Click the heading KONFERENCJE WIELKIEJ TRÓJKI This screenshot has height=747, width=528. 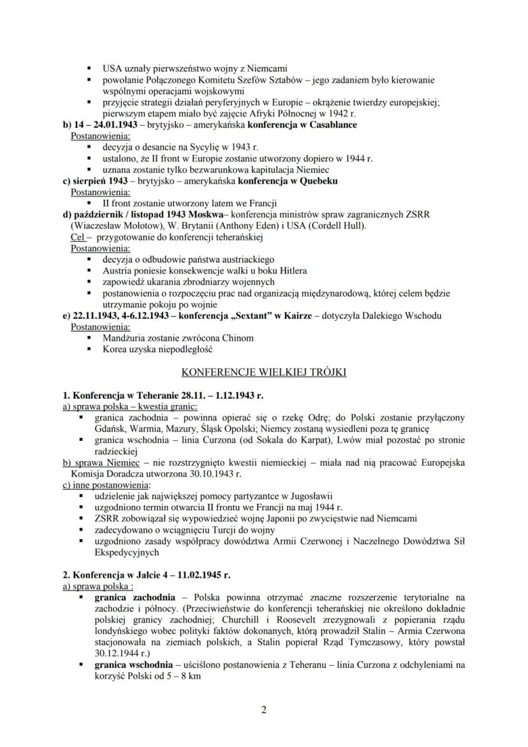pos(263,372)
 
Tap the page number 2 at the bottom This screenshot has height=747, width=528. pos(264,709)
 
